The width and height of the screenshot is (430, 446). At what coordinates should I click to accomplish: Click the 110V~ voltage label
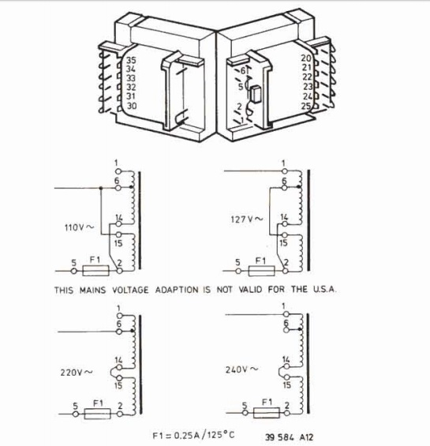pyautogui.click(x=79, y=227)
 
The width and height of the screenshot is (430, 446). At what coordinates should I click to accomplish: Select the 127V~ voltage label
pyautogui.click(x=247, y=219)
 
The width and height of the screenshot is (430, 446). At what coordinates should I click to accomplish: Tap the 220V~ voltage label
pyautogui.click(x=77, y=373)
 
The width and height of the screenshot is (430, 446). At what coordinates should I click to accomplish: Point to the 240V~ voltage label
pyautogui.click(x=241, y=369)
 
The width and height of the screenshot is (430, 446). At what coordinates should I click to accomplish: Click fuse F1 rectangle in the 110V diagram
pyautogui.click(x=95, y=271)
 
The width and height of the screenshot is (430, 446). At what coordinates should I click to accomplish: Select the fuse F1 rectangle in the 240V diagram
pyautogui.click(x=267, y=412)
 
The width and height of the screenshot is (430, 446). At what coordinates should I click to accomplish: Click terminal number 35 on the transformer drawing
pyautogui.click(x=131, y=60)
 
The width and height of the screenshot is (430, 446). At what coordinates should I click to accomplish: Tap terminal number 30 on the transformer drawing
pyautogui.click(x=132, y=106)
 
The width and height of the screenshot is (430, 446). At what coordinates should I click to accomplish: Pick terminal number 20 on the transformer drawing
pyautogui.click(x=306, y=58)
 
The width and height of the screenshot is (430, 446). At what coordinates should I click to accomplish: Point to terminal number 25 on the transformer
pyautogui.click(x=306, y=107)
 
